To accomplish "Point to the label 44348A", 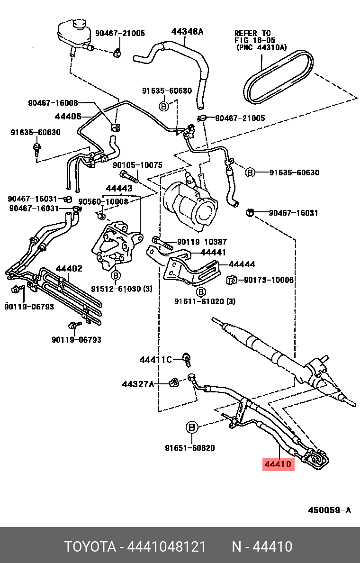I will pyautogui.click(x=187, y=32).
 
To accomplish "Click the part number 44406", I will pyautogui.click(x=68, y=116).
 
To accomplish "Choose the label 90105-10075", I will pyautogui.click(x=137, y=165).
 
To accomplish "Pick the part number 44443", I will pyautogui.click(x=119, y=189).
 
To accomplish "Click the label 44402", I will pyautogui.click(x=69, y=269).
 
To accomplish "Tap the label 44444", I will pyautogui.click(x=242, y=264).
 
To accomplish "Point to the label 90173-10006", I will pyautogui.click(x=269, y=281).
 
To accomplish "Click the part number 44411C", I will pyautogui.click(x=155, y=360).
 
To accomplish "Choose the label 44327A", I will pyautogui.click(x=138, y=384).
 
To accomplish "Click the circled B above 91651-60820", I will pyautogui.click(x=191, y=427).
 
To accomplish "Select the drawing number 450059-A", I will pyautogui.click(x=330, y=510).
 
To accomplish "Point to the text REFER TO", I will pyautogui.click(x=252, y=33).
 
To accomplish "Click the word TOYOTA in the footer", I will pyautogui.click(x=90, y=547).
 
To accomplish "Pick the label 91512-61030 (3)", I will pyautogui.click(x=122, y=289).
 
